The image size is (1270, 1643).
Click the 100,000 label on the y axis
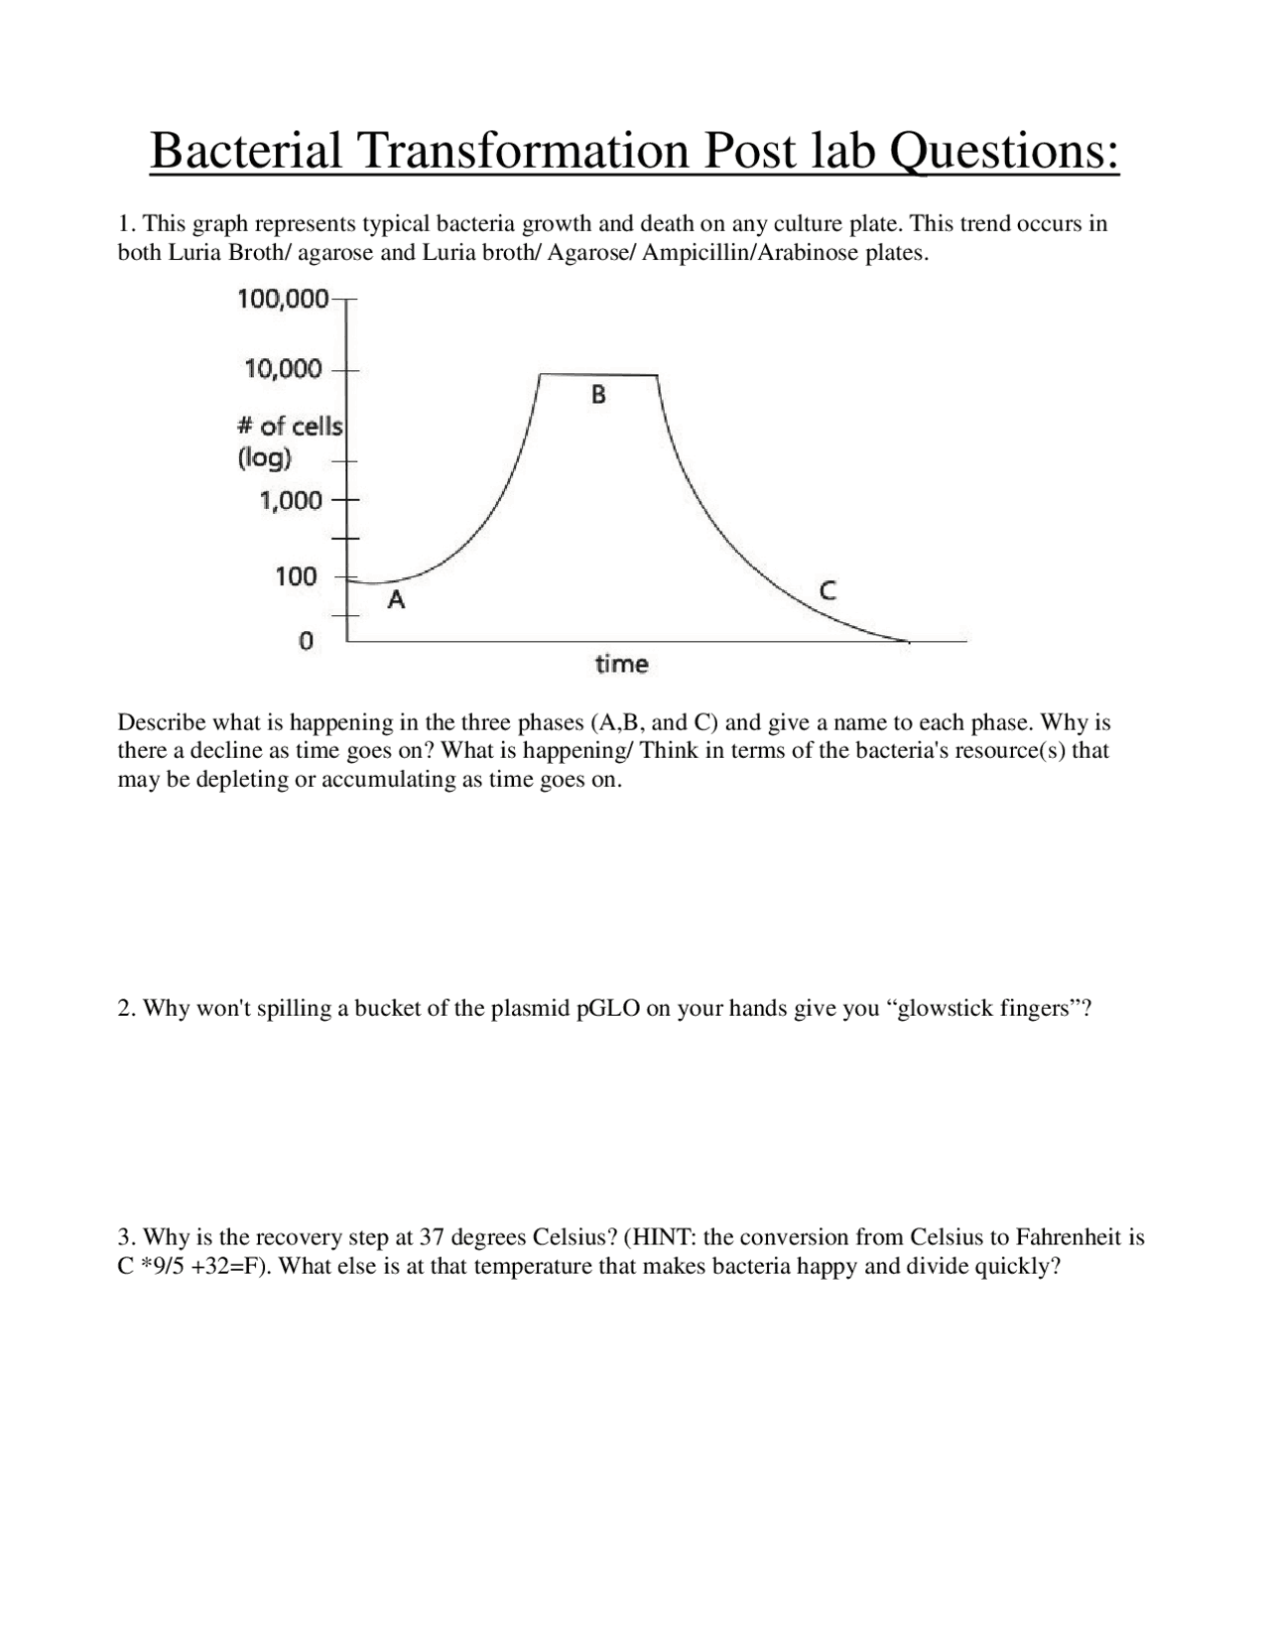283,299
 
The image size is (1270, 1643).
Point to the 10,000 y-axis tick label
284,369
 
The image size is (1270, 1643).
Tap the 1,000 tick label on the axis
291,500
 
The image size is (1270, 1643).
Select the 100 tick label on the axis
296,576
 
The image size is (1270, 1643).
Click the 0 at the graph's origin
307,641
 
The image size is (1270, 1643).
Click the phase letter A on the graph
396,599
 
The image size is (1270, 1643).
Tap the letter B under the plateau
598,395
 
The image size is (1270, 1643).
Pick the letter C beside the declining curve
827,590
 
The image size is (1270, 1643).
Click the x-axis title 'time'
621,664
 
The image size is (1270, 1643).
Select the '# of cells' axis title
290,427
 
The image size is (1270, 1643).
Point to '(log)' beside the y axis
264,458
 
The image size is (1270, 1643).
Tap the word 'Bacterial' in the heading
245,151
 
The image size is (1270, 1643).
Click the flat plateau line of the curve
598,374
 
